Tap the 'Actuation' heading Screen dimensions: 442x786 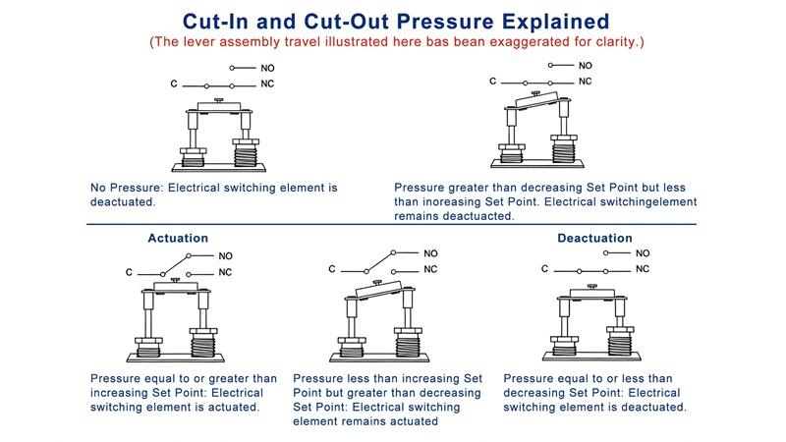(178, 238)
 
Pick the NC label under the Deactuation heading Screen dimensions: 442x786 (643, 269)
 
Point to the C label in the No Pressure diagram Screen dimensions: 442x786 (173, 85)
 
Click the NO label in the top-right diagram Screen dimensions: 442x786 (586, 65)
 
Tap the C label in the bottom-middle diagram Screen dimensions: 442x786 (332, 268)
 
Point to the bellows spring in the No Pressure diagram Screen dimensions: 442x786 (247, 152)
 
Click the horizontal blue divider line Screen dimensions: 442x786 (393, 225)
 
